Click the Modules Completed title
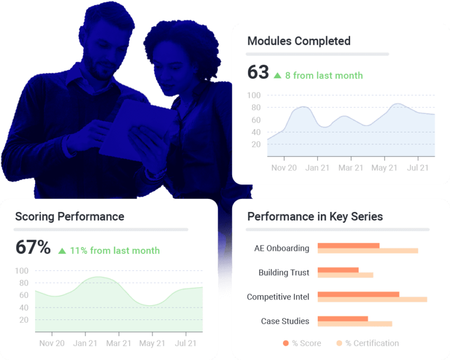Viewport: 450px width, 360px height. point(299,41)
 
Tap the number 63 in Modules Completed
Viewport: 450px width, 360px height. point(258,72)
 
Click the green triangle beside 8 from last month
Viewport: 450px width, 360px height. point(278,76)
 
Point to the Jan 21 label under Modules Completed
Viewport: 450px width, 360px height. point(317,168)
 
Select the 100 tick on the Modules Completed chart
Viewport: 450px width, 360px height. point(254,96)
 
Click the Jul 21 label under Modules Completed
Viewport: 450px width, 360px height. point(418,168)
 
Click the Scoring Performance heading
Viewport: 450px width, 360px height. point(70,217)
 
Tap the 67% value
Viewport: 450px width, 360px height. point(33,248)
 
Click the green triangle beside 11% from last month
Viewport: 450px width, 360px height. point(62,251)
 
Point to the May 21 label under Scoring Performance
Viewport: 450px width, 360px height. point(152,343)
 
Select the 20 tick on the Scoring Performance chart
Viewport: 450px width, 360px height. point(23,320)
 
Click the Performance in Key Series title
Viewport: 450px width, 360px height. point(315,217)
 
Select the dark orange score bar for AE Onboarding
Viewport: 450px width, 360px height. point(348,245)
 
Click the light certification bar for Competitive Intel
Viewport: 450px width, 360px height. point(372,299)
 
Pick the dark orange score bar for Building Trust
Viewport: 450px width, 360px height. point(338,270)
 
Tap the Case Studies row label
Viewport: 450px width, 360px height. point(285,321)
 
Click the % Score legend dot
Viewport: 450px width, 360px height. point(286,343)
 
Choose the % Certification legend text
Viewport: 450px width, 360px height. point(372,343)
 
